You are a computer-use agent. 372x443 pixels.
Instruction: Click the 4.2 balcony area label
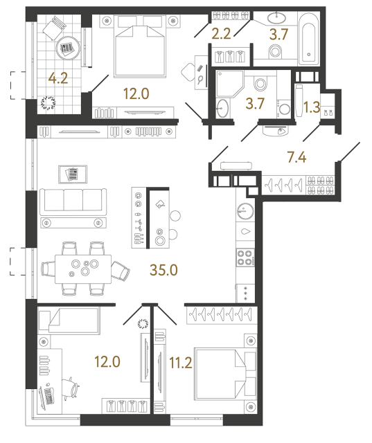[57, 79]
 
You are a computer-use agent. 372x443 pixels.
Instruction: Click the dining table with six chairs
[85, 268]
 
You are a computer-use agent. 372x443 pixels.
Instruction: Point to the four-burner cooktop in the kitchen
[246, 257]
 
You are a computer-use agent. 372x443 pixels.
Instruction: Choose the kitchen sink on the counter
[246, 232]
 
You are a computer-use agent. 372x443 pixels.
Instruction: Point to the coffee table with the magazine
[71, 172]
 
